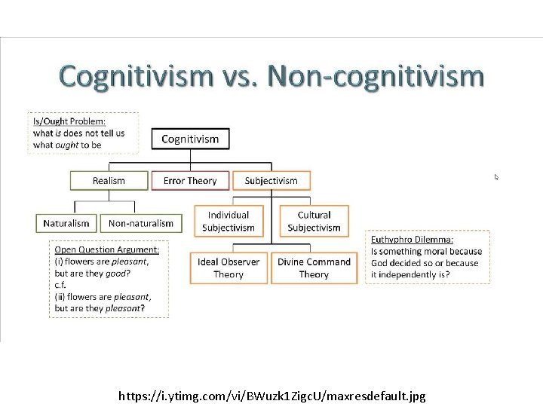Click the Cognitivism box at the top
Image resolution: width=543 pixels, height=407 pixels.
click(190, 139)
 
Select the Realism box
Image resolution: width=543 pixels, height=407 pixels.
click(109, 181)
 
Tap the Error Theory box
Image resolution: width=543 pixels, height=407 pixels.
click(189, 181)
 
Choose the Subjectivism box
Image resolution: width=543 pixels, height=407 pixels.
click(271, 181)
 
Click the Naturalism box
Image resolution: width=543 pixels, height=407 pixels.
click(66, 223)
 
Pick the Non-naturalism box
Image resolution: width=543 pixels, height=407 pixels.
click(141, 223)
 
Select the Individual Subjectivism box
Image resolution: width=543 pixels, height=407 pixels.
click(229, 222)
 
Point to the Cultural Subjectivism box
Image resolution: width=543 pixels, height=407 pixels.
click(314, 222)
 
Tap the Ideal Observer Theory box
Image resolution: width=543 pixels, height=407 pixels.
click(229, 268)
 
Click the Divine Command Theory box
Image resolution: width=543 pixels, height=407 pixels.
click(314, 268)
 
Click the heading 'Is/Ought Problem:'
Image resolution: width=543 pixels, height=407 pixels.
click(69, 121)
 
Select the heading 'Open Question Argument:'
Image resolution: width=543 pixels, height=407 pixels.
click(106, 249)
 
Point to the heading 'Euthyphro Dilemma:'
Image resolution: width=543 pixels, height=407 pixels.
click(412, 240)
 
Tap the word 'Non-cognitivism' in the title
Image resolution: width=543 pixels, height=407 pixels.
click(375, 77)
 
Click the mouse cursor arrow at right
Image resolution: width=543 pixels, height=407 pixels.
click(496, 177)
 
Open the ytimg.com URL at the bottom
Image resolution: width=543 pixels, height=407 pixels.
click(271, 395)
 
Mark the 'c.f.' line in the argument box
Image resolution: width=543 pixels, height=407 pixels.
click(61, 285)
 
